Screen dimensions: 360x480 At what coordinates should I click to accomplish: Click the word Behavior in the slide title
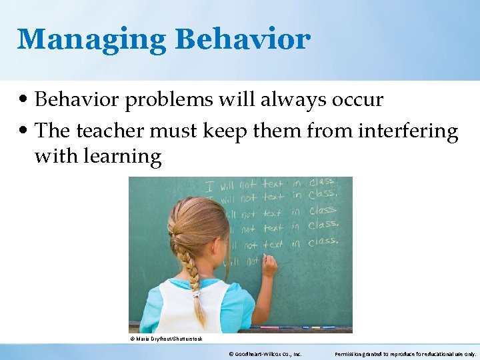click(243, 39)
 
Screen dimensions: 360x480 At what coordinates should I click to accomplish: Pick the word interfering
click(409, 131)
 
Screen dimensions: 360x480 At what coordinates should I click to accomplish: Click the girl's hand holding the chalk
click(269, 265)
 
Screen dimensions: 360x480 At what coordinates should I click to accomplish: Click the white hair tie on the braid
click(195, 292)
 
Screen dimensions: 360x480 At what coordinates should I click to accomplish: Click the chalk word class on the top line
click(322, 182)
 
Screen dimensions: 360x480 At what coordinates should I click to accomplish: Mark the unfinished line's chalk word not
click(252, 262)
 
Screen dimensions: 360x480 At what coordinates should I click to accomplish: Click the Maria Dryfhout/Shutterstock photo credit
click(166, 339)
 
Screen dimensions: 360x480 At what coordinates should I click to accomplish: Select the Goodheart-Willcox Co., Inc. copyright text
click(265, 353)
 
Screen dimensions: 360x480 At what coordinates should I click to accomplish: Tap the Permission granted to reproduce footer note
click(405, 353)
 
